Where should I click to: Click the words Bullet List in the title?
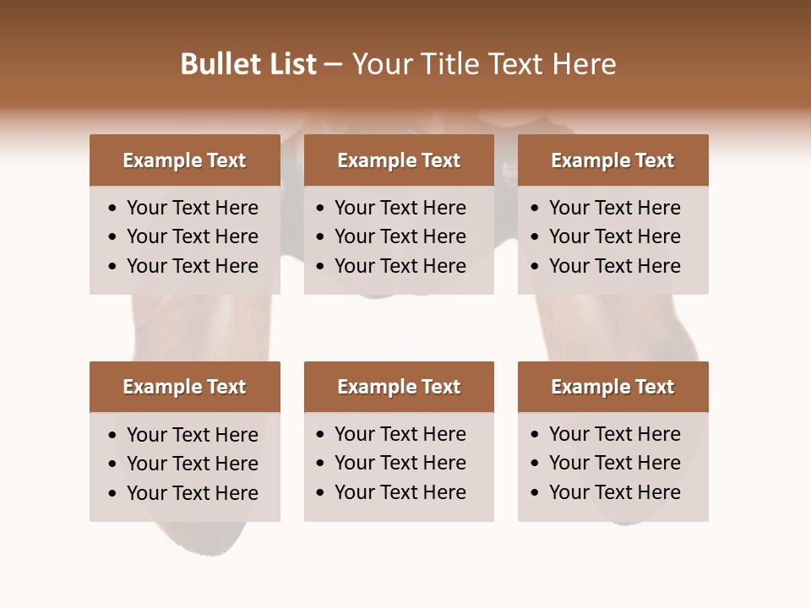pos(248,64)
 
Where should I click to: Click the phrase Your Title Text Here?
pos(483,64)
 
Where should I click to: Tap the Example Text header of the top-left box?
pos(184,160)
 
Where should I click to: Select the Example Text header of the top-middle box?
pos(399,160)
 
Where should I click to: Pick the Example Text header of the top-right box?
pos(612,160)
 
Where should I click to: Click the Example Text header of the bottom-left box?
pos(184,387)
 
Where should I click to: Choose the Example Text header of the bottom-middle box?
pos(399,387)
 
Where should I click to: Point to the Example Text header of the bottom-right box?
pos(612,387)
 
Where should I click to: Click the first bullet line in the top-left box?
pos(192,208)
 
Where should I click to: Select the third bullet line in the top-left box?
pos(192,266)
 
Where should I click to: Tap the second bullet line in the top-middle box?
pos(400,236)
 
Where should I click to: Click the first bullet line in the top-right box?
pos(614,208)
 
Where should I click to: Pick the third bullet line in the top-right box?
pos(614,266)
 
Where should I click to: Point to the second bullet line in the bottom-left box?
pos(192,464)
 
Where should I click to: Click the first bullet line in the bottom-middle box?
pos(400,434)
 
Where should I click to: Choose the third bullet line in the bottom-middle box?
pos(400,492)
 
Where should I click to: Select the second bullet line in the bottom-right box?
pos(614,463)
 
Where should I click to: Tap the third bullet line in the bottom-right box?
pos(614,492)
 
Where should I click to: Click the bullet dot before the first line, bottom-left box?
pos(113,436)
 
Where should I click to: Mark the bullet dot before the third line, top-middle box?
pos(321,267)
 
